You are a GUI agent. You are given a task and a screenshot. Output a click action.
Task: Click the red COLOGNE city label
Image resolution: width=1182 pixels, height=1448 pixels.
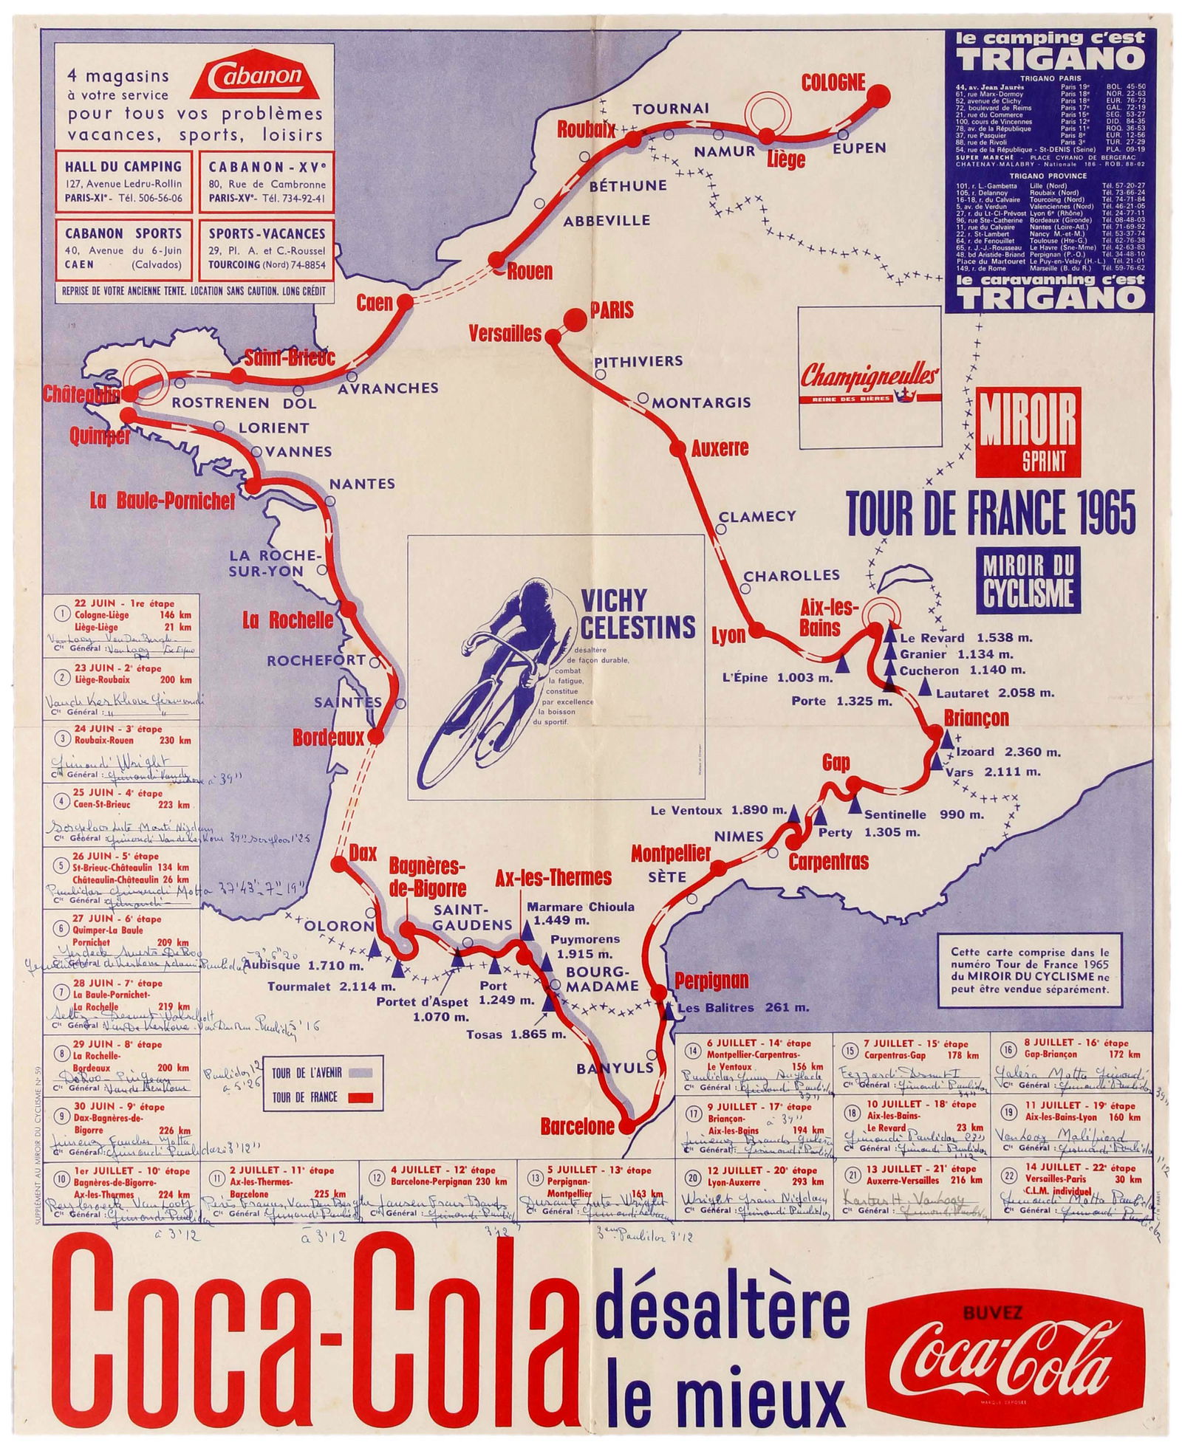833,82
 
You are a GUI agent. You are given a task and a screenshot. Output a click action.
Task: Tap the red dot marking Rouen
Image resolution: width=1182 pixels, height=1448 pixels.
496,259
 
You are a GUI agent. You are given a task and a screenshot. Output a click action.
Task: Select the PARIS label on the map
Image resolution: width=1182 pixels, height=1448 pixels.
612,310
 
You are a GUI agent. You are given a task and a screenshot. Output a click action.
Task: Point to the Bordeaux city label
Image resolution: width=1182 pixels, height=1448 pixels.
329,737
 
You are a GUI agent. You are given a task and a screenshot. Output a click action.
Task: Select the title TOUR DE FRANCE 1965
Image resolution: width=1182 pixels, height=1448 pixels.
991,512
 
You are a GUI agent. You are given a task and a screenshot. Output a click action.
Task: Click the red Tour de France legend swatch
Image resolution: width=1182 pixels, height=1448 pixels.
358,1097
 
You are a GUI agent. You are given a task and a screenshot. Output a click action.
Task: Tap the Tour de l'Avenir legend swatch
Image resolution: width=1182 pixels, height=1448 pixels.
358,1073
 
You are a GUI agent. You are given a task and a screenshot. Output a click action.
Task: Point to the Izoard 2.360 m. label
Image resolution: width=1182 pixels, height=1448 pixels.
1008,752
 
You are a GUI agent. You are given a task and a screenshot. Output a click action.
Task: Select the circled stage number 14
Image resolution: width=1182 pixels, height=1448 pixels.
693,1050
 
